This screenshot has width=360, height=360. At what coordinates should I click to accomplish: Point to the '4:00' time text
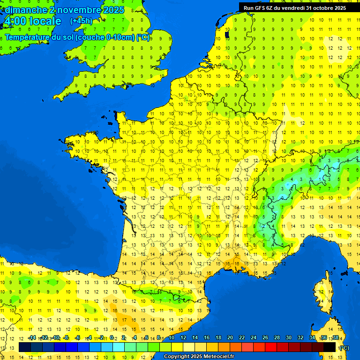coord(15,21)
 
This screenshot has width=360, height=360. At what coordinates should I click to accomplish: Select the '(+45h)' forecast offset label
coord(81,21)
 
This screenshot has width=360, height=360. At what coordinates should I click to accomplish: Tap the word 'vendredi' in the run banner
coord(294,7)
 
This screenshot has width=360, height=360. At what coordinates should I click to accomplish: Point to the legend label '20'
coord(230,337)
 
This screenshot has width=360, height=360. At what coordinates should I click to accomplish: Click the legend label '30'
coord(289,337)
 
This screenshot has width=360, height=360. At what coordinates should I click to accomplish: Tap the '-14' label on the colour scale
coord(32,337)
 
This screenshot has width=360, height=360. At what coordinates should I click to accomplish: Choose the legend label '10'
coord(172,337)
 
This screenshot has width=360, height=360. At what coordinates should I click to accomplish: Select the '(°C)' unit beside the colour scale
coord(344,348)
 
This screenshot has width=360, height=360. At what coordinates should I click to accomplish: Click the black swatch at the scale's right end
coord(330,347)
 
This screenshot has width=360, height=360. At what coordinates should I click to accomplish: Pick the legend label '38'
coord(336,337)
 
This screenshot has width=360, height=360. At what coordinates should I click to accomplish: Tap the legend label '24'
coord(254,337)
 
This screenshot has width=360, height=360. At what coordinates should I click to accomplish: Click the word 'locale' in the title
coord(45,21)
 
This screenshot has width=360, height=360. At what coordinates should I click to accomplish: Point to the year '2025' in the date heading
coord(113,10)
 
